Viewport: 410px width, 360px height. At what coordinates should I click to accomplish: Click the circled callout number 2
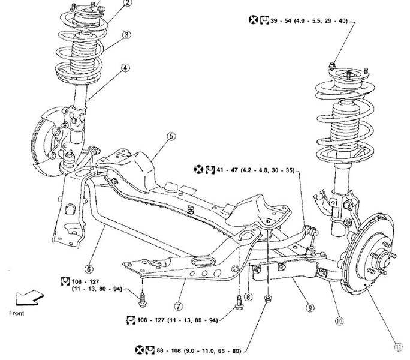pyautogui.click(x=126, y=4)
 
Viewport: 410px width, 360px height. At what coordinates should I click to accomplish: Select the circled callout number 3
pyautogui.click(x=126, y=35)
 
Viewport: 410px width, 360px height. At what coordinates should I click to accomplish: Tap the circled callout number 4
pyautogui.click(x=126, y=67)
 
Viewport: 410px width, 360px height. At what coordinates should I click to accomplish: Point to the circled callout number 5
pyautogui.click(x=171, y=136)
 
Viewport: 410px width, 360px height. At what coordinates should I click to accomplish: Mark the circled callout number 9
pyautogui.click(x=309, y=308)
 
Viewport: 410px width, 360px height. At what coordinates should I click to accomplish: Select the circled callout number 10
pyautogui.click(x=339, y=321)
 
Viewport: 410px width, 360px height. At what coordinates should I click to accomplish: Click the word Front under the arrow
pyautogui.click(x=18, y=313)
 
